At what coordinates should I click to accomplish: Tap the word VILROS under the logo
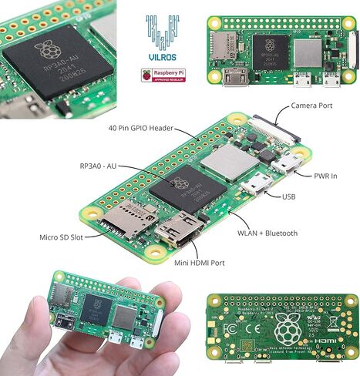point(163,57)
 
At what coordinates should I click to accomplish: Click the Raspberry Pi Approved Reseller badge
point(163,76)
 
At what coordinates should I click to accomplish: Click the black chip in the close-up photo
point(58,59)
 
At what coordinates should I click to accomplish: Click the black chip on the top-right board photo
point(274,49)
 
